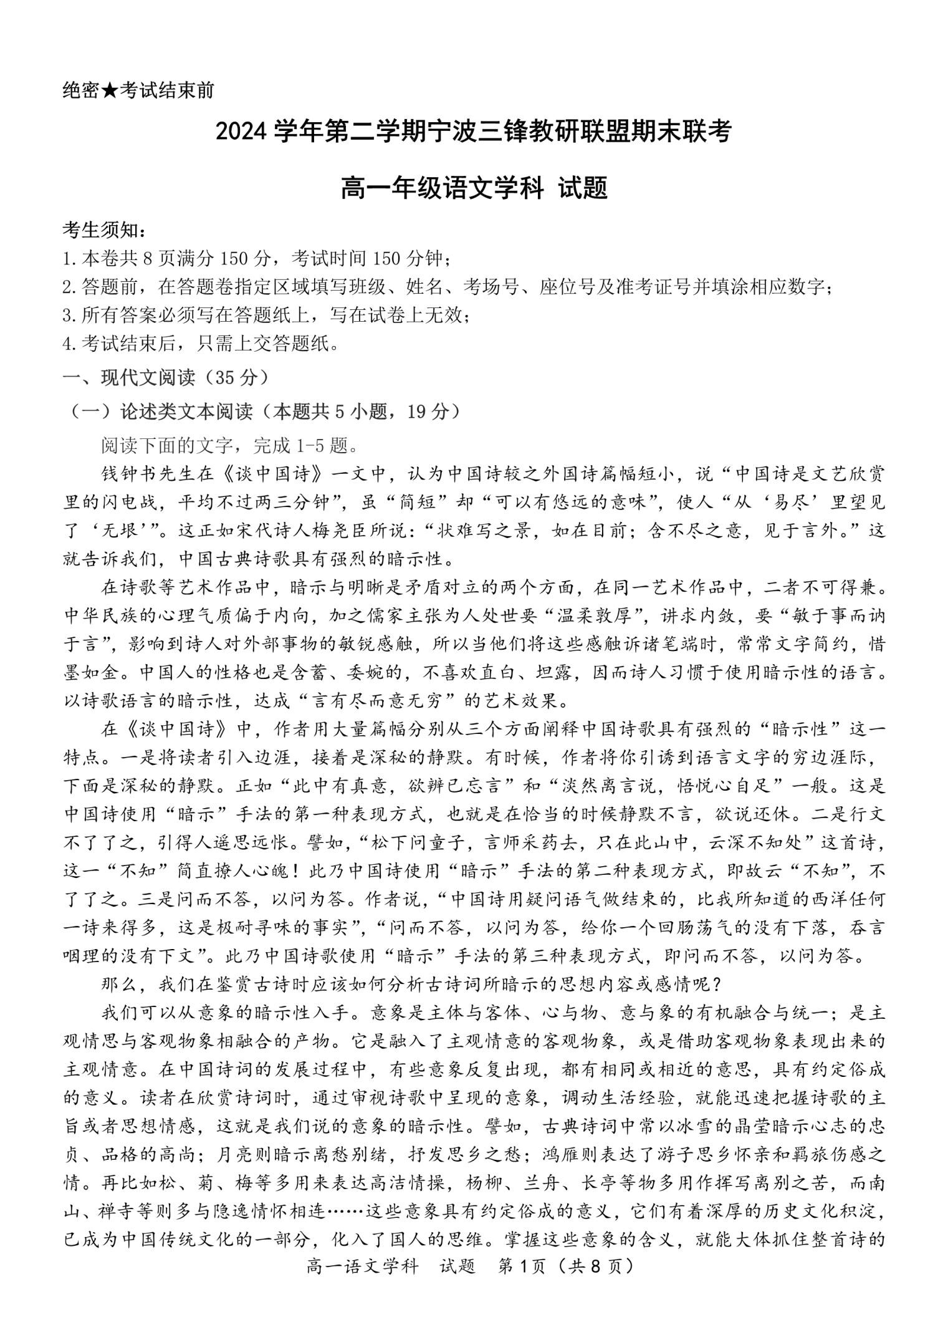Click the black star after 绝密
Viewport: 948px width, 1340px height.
(110, 90)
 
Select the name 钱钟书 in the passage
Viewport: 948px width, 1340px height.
(130, 475)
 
